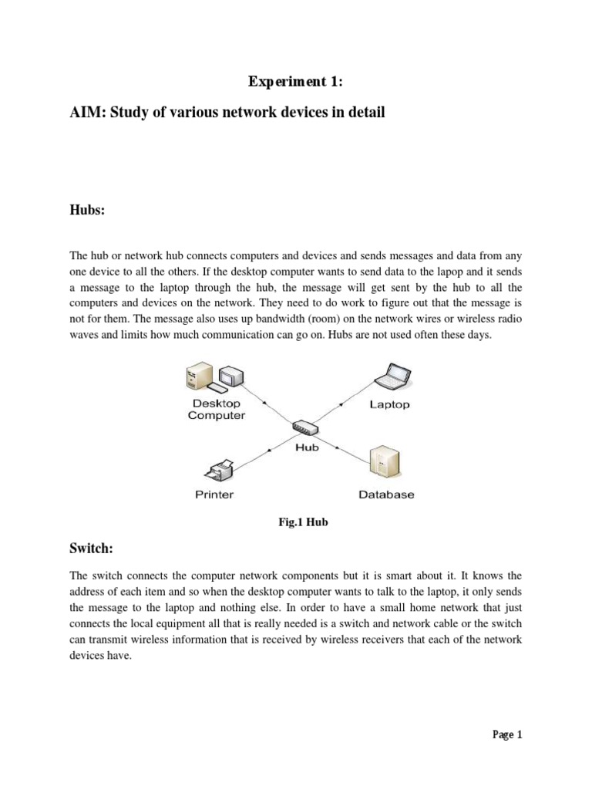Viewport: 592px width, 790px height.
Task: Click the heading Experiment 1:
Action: [295, 82]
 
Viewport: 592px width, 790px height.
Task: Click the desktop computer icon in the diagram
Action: [213, 377]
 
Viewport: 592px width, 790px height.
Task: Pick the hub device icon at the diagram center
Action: [306, 427]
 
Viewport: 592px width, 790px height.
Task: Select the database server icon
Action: [385, 464]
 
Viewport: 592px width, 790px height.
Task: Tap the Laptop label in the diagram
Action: [389, 404]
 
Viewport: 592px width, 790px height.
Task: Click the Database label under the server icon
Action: [386, 495]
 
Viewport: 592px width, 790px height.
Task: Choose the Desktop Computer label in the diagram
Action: [217, 409]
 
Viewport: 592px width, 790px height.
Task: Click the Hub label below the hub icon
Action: [307, 447]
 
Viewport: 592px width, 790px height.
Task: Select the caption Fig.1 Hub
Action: [303, 522]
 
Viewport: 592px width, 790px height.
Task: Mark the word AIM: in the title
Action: [88, 113]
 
